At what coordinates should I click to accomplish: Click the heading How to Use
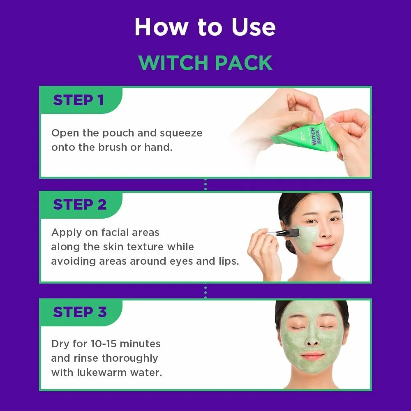pyautogui.click(x=205, y=27)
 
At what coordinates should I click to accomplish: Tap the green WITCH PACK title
pyautogui.click(x=205, y=62)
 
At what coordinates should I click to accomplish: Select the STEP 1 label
pyautogui.click(x=78, y=100)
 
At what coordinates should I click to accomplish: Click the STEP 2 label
pyautogui.click(x=80, y=204)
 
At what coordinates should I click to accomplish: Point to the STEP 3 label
pyautogui.click(x=80, y=312)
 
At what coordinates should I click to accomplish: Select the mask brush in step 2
pyautogui.click(x=288, y=233)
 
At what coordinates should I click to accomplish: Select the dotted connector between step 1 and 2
pyautogui.click(x=205, y=185)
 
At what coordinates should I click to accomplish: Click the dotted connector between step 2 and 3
pyautogui.click(x=205, y=291)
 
